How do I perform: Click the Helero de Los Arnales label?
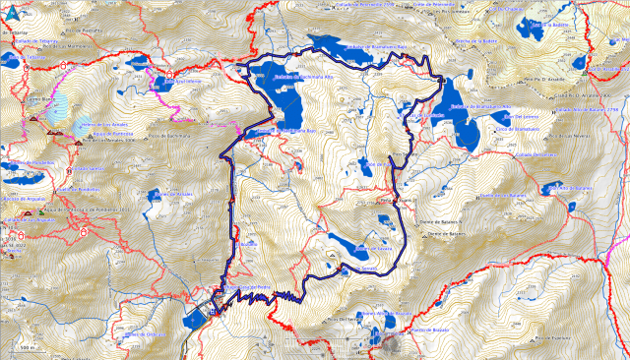(102, 126)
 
